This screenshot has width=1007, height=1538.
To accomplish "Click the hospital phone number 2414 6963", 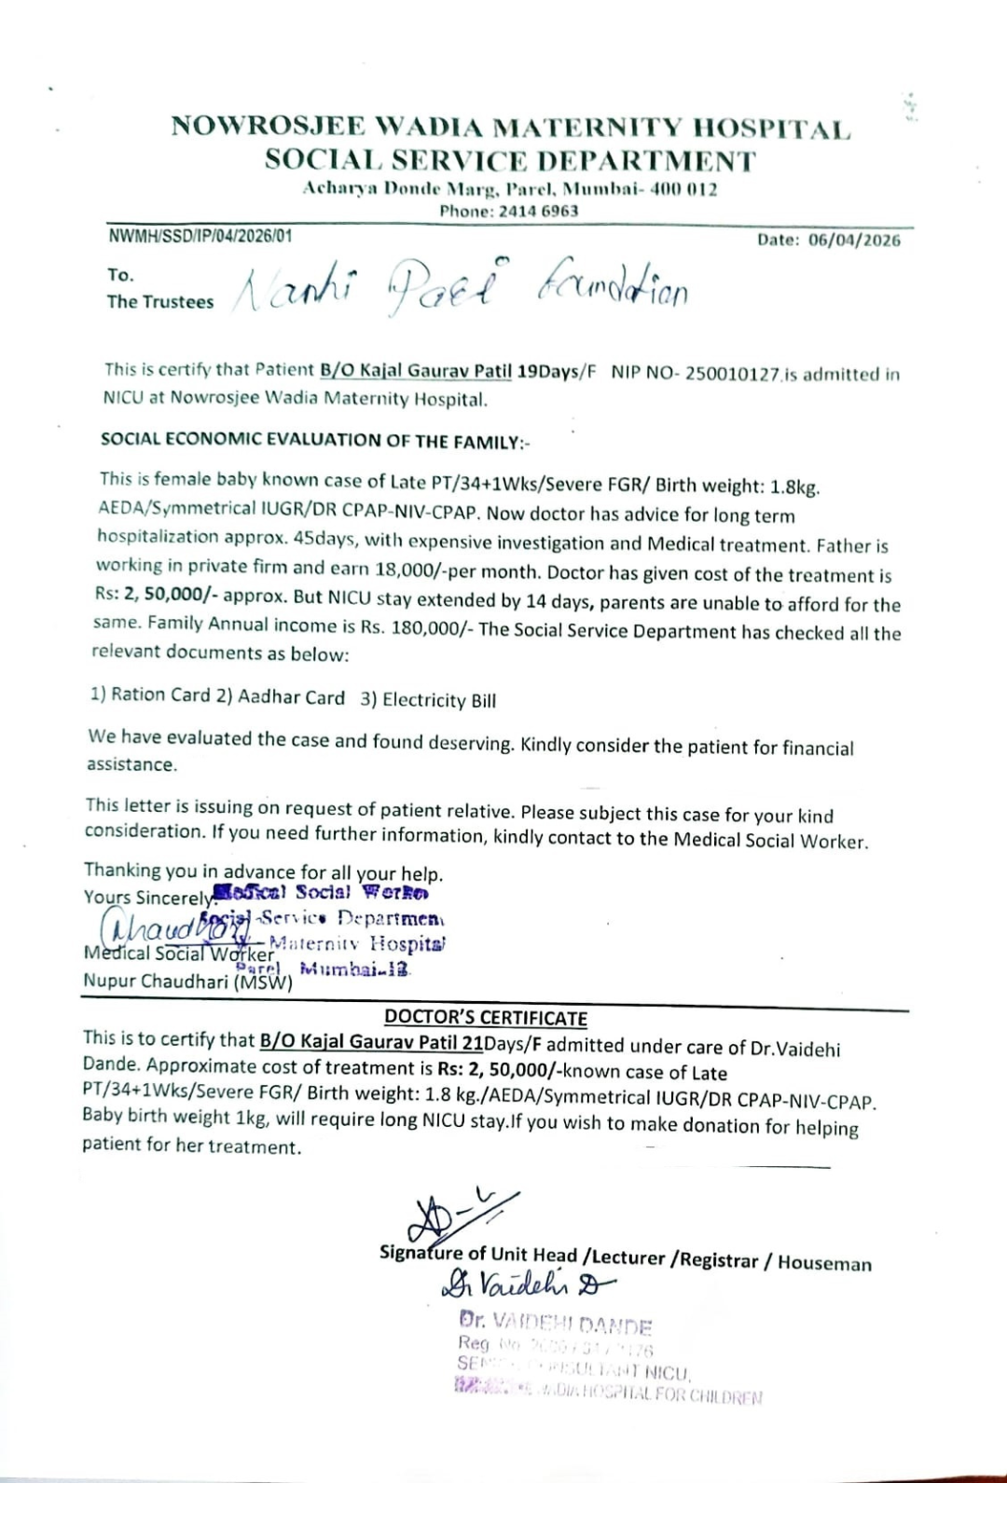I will pos(538,211).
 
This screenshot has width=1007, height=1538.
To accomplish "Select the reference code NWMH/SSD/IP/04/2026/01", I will pos(200,236).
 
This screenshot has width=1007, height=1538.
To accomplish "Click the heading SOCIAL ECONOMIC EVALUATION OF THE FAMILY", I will pos(314,441).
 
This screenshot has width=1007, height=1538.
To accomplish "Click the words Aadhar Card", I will pos(291,697).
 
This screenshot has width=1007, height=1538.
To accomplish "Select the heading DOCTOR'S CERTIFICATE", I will pos(486,1018).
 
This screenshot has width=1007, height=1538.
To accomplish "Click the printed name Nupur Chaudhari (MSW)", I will pos(187,982).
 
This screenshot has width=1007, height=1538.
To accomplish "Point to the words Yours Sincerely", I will pos(149,898).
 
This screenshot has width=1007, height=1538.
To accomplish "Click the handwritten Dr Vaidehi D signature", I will pos(527,1286).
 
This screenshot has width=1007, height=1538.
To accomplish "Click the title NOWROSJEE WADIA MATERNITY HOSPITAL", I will pos(510,128).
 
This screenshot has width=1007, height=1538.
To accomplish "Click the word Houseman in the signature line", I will pos(824,1263).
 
